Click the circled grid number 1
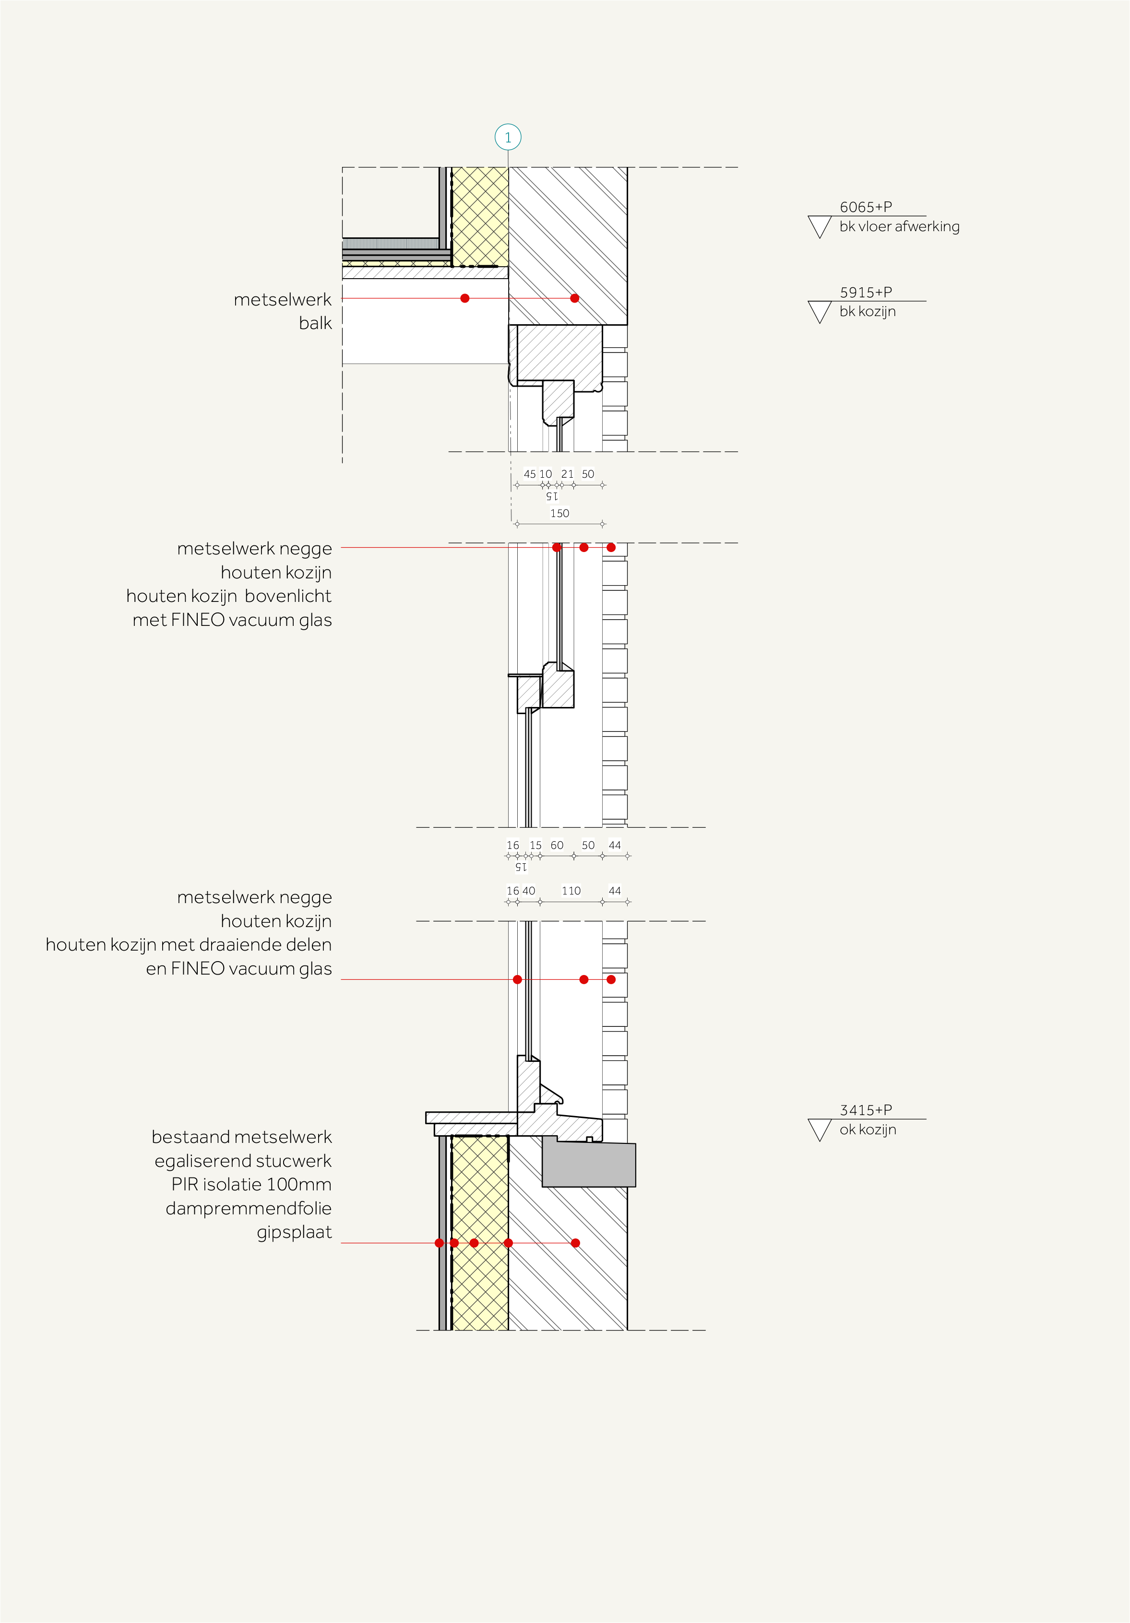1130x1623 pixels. (x=508, y=137)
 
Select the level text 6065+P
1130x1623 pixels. (x=866, y=207)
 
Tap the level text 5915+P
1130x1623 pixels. (x=866, y=292)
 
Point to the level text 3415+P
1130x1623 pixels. (x=866, y=1110)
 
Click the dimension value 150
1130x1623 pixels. (x=559, y=513)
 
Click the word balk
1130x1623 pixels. (x=315, y=323)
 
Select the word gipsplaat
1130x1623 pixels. (x=294, y=1232)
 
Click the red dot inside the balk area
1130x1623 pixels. (x=464, y=298)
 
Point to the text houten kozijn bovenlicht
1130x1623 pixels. (x=228, y=596)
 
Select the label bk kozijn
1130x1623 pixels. (x=867, y=312)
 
